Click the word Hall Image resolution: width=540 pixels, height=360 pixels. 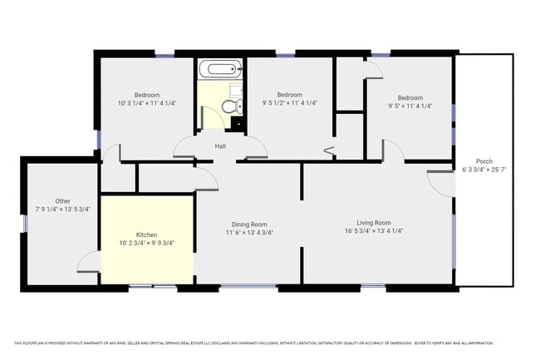(x=220, y=146)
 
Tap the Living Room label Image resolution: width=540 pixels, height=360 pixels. (x=374, y=222)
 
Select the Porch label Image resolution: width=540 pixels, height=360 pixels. (x=484, y=161)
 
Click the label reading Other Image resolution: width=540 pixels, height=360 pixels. (x=63, y=200)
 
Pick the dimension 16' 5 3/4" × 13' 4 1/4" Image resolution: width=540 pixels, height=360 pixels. (x=374, y=232)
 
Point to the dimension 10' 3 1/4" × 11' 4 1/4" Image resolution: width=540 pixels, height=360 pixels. (x=147, y=103)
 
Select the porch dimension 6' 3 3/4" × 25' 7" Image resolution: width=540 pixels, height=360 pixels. (x=484, y=170)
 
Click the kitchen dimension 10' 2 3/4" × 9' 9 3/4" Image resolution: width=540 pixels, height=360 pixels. (x=146, y=244)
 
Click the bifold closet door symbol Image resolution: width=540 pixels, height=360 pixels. (x=329, y=151)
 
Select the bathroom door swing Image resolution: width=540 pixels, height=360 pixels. (x=210, y=116)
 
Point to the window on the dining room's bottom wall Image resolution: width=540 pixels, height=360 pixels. (x=248, y=288)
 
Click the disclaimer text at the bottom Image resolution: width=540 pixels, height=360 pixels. (x=253, y=343)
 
